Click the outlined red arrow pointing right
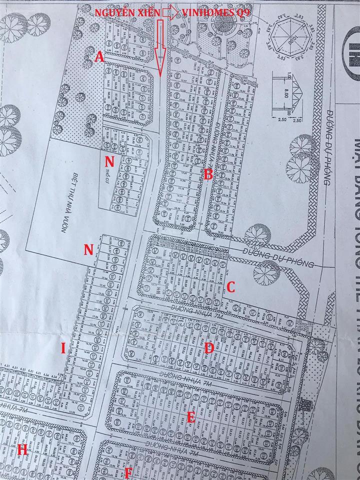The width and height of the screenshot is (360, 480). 170,13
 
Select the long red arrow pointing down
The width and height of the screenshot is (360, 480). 160,48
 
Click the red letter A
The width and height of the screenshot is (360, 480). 99,57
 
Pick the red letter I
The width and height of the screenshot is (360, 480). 63,363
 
